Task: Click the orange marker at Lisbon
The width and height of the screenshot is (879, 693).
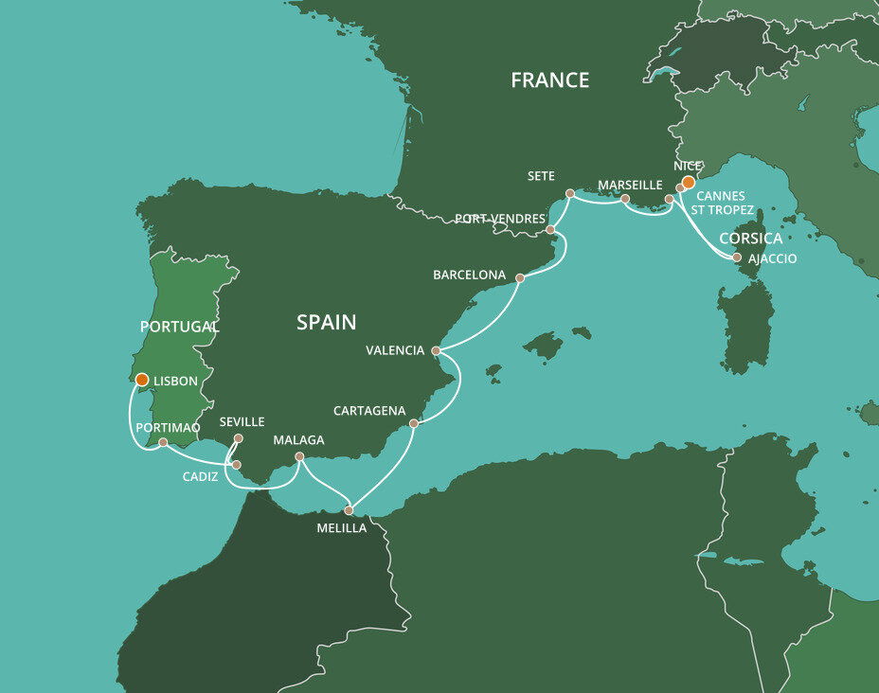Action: coord(141,380)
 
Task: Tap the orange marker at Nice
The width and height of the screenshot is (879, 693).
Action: coord(690,182)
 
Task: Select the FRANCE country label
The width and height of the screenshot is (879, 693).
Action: coord(549,80)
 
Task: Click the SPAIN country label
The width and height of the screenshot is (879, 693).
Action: coord(326,322)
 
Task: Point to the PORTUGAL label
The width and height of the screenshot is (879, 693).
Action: coord(179,327)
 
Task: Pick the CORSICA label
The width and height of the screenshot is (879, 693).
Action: coord(750,239)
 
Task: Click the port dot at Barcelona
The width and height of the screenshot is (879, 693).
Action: coord(520,278)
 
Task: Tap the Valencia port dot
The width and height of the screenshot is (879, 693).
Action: coord(436,350)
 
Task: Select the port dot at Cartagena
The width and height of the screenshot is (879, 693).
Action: coord(414,423)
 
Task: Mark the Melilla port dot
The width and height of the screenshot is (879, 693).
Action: coord(349,510)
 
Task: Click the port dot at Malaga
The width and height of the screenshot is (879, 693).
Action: coord(299,457)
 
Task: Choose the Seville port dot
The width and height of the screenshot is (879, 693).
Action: coord(239,438)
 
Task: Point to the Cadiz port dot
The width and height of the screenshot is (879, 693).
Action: coord(237,465)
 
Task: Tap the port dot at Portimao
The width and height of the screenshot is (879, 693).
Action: coord(163,442)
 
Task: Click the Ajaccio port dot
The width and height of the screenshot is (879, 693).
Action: coord(737,257)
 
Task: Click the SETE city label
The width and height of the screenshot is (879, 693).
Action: coord(542,176)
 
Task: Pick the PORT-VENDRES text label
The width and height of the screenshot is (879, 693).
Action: coord(499,219)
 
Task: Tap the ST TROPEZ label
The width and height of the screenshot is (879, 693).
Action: coord(723,210)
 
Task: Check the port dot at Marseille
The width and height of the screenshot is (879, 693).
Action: coord(625,200)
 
